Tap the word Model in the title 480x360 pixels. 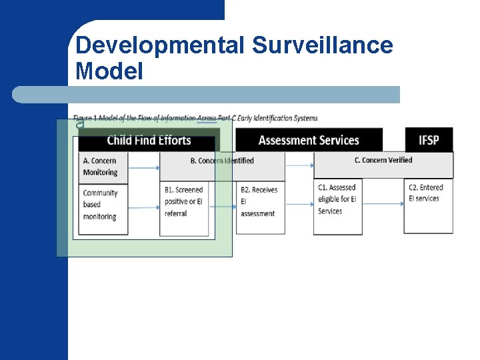tap(109, 71)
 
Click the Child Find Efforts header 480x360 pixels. tap(149, 140)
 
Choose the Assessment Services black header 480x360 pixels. tap(309, 140)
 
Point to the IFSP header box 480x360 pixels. tap(429, 140)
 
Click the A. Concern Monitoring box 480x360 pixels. tap(103, 167)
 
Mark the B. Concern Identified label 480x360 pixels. tap(222, 161)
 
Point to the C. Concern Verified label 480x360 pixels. tap(383, 160)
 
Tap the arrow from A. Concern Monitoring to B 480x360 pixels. tap(144, 167)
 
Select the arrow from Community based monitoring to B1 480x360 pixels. tap(144, 207)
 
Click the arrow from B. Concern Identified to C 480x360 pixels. tap(299, 164)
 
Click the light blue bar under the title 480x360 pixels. tap(206, 94)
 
